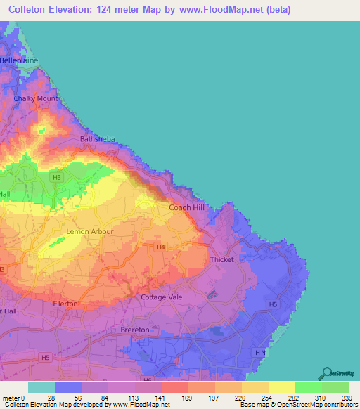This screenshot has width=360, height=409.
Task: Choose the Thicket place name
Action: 222,259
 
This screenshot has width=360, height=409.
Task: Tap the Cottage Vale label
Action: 162,297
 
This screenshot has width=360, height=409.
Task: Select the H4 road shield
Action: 161,247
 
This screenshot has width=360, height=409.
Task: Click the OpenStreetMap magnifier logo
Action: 325,373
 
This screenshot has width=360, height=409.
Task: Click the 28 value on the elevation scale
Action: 50,398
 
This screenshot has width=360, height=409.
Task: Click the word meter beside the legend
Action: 11,398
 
